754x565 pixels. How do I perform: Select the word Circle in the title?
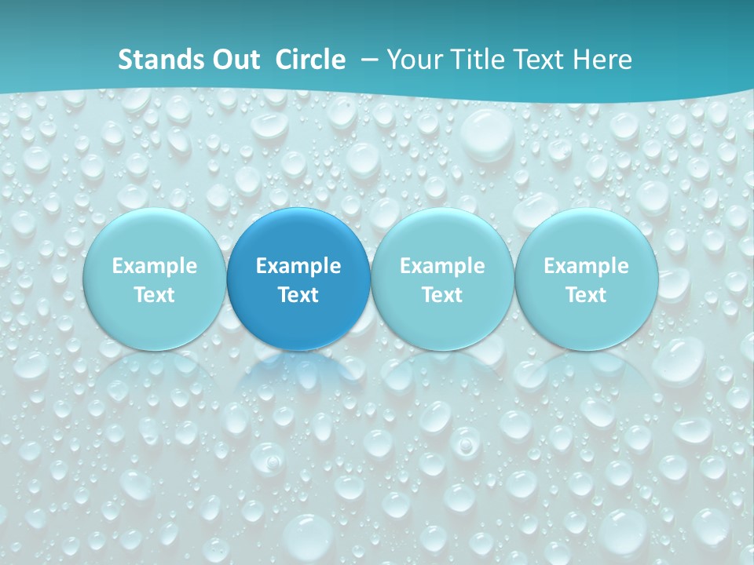(310, 60)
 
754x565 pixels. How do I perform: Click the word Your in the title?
(413, 60)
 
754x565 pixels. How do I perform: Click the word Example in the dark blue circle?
(298, 266)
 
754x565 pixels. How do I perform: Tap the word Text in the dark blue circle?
(298, 295)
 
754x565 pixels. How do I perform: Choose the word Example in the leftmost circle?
(155, 266)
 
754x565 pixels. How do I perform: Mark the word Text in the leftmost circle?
(155, 295)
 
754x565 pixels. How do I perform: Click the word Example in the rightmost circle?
(586, 266)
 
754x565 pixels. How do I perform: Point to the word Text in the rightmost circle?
(586, 295)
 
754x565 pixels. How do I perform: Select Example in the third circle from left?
(442, 266)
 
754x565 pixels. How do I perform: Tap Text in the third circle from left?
(442, 295)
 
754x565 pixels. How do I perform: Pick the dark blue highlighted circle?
(298, 235)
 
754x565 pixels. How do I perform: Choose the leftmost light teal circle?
(155, 235)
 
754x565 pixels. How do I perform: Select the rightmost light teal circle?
(586, 235)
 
